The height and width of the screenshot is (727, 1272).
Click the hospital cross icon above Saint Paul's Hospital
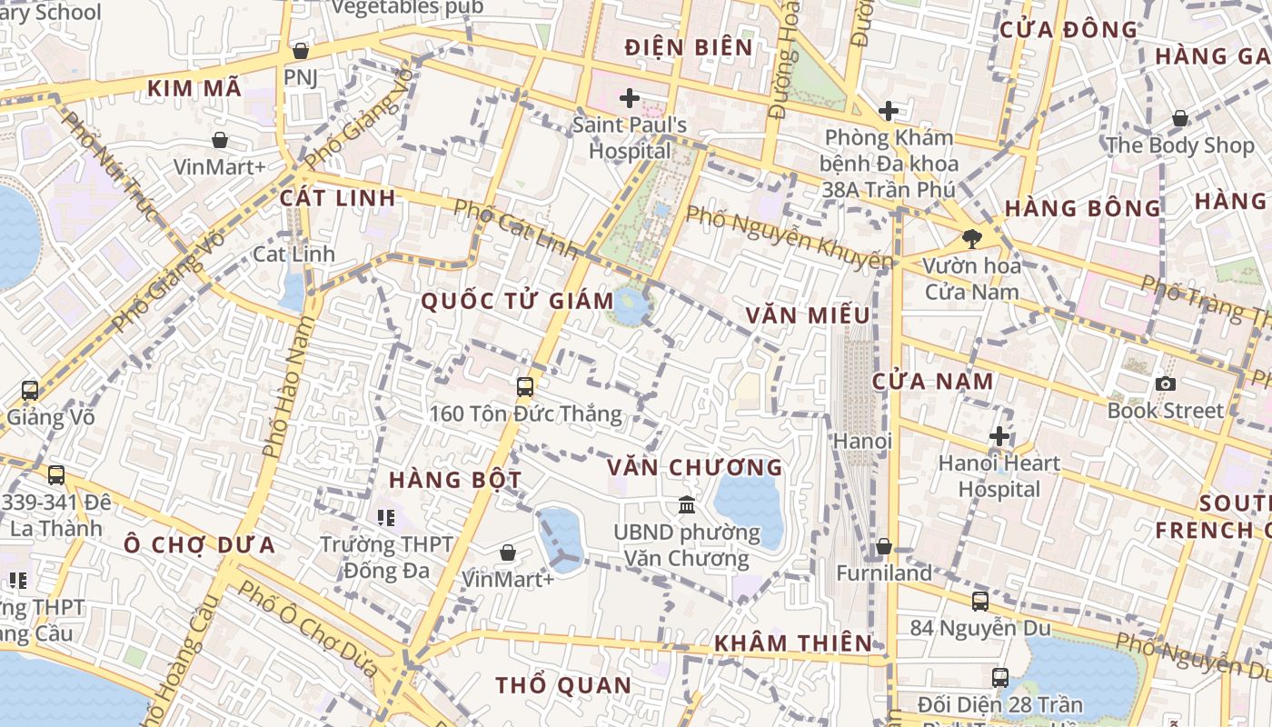pos(629,97)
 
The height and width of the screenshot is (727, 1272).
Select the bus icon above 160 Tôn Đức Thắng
pos(524,386)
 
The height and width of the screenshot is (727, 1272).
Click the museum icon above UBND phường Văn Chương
pos(687,504)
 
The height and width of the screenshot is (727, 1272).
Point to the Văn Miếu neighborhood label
pos(808,315)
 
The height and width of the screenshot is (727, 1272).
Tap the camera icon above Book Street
pos(1165,383)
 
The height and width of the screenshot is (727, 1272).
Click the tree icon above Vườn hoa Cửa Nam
pos(971,239)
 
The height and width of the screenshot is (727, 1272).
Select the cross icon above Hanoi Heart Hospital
pos(999,436)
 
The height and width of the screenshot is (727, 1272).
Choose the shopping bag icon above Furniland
pos(883,546)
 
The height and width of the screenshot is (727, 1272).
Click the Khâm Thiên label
pos(792,643)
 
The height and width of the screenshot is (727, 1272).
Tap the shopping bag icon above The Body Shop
pos(1179,118)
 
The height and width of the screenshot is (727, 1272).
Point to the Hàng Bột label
pos(455,479)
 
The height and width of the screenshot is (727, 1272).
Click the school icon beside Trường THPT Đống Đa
pos(386,517)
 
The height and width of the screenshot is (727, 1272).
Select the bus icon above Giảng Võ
pos(30,391)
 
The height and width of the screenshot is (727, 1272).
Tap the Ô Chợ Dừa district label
pos(199,545)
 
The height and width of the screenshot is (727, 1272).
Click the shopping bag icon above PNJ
pos(300,51)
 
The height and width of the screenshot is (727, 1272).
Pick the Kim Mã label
pos(194,88)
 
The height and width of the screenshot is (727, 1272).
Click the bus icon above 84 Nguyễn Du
pos(979,601)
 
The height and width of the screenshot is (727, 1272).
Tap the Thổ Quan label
pos(563,685)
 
